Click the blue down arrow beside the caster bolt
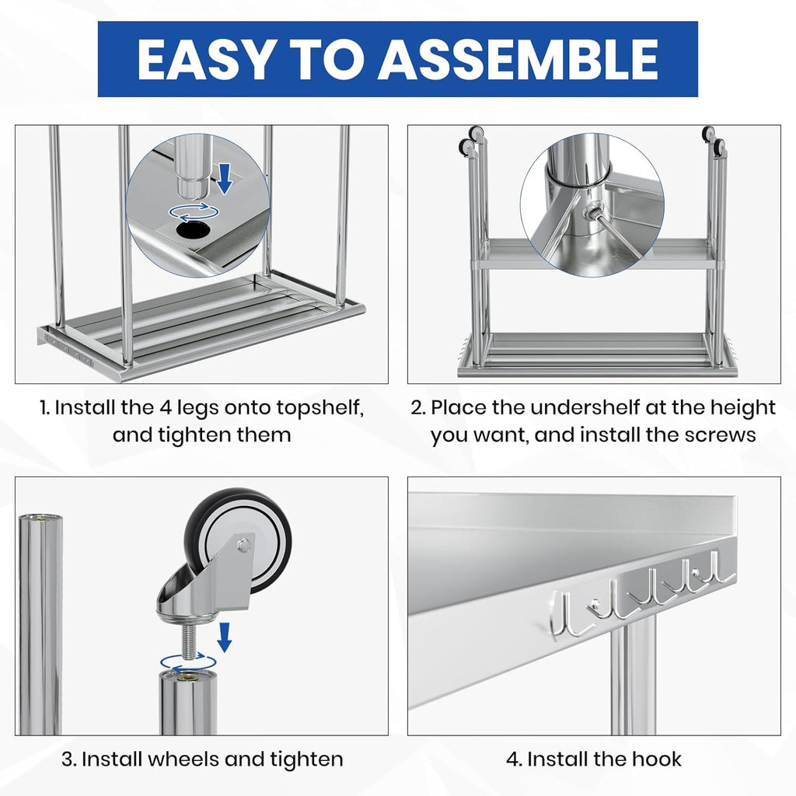click(x=225, y=636)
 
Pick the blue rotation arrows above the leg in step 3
click(x=189, y=662)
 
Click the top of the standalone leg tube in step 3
click(x=39, y=518)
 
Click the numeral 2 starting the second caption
click(x=417, y=407)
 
